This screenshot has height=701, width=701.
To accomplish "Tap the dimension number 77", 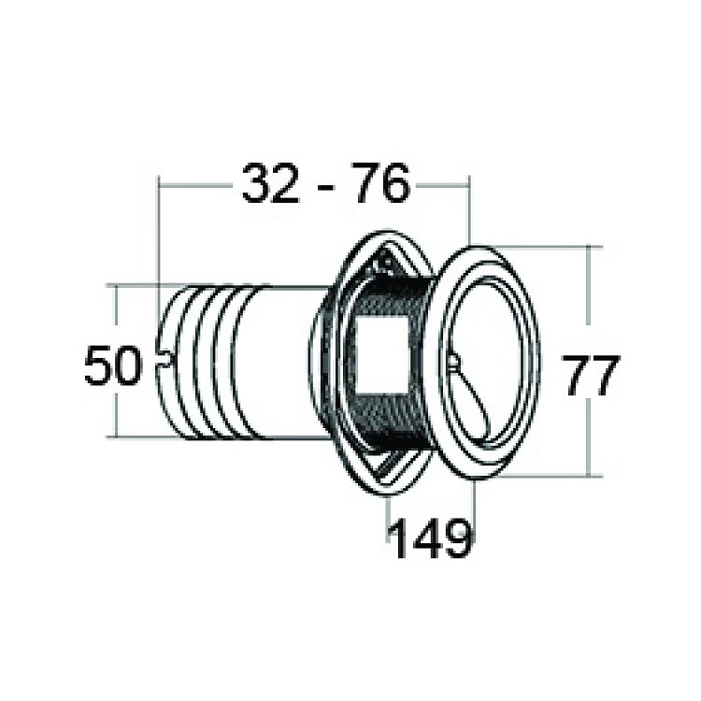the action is pyautogui.click(x=592, y=375).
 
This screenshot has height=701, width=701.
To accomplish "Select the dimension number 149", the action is pyautogui.click(x=431, y=537).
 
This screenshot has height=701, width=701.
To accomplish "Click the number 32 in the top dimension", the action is pyautogui.click(x=270, y=183).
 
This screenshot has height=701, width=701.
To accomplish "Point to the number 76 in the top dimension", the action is pyautogui.click(x=379, y=183).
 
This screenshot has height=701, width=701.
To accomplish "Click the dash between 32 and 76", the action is pyautogui.click(x=325, y=186).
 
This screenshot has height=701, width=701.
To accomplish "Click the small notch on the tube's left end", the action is pyautogui.click(x=165, y=359).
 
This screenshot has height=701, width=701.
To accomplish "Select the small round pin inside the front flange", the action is pyautogui.click(x=453, y=362).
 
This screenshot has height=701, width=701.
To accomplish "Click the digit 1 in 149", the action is pyautogui.click(x=399, y=537).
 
